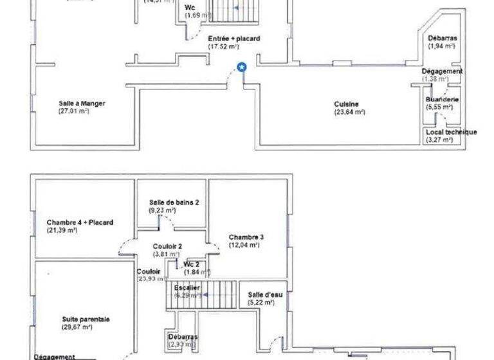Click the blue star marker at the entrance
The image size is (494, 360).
pyautogui.click(x=242, y=66)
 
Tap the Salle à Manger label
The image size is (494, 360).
pyautogui.click(x=82, y=103)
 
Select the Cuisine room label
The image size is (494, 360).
pyautogui.click(x=346, y=104)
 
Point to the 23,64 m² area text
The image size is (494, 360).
pyautogui.click(x=349, y=112)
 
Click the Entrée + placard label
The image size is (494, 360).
pyautogui.click(x=234, y=39)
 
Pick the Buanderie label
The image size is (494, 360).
pyautogui.click(x=442, y=100)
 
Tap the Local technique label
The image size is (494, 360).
pyautogui.click(x=451, y=132)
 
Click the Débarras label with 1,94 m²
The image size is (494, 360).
pyautogui.click(x=443, y=39)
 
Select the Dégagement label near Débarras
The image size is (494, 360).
pyautogui.click(x=442, y=71)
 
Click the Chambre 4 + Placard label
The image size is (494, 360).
pyautogui.click(x=80, y=222)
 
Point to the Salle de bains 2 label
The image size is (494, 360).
pyautogui.click(x=174, y=202)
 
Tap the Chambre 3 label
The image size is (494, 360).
pyautogui.click(x=246, y=237)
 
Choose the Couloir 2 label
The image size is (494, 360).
pyautogui.click(x=167, y=246)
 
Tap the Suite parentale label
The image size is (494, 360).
pyautogui.click(x=86, y=319)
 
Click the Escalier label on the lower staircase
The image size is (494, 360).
pyautogui.click(x=187, y=287)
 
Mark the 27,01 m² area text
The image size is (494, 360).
pyautogui.click(x=73, y=111)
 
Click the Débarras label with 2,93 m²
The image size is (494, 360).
pyautogui.click(x=183, y=337)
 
